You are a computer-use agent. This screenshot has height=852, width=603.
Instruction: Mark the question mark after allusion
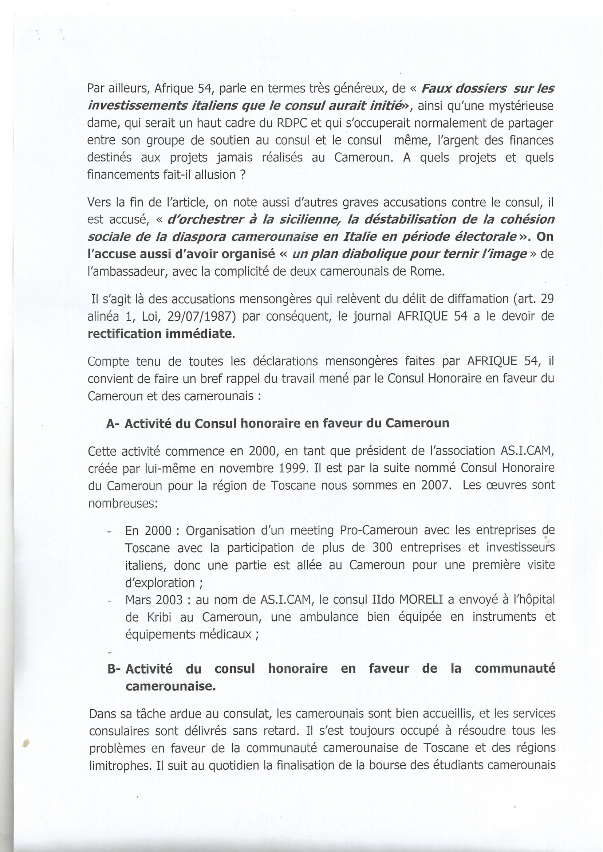point(243,175)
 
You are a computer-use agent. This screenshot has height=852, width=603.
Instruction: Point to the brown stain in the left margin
point(25,742)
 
